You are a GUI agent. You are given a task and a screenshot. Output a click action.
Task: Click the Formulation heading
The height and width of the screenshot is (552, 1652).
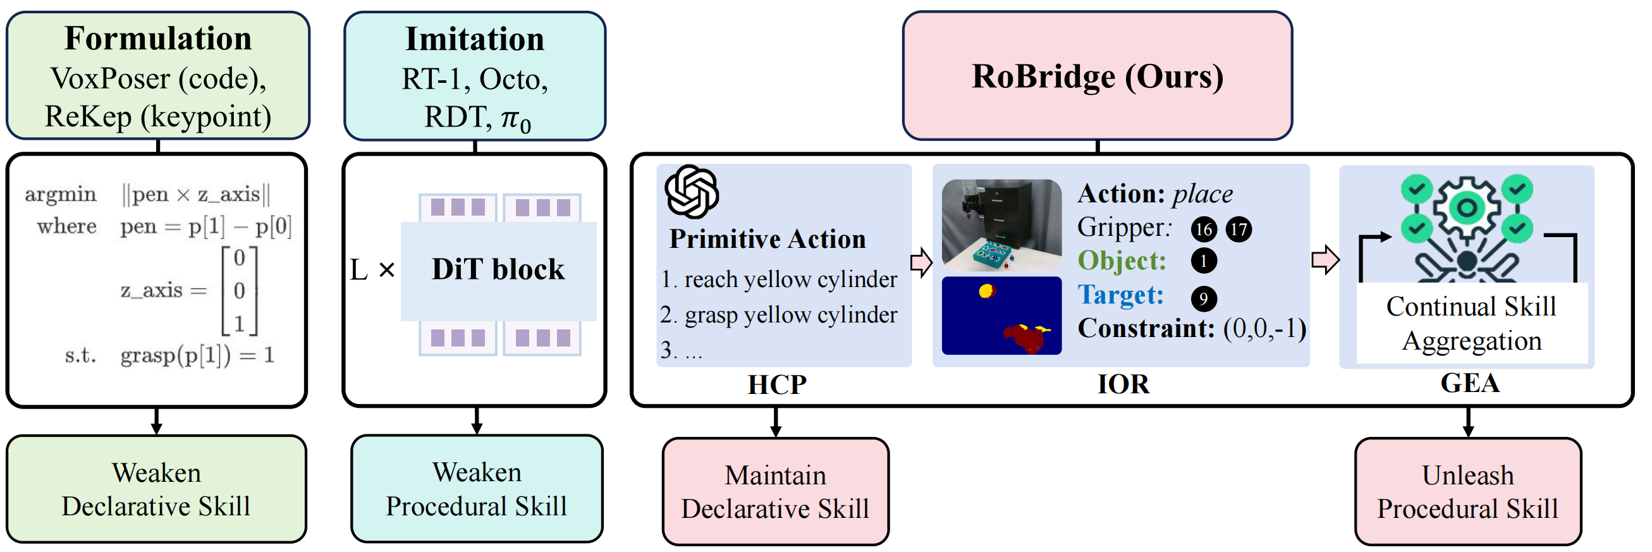coord(158,39)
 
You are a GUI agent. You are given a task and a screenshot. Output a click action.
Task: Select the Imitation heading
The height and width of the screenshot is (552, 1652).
coord(475,39)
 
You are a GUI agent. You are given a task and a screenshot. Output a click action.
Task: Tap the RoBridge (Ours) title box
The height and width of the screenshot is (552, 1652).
coord(1097,76)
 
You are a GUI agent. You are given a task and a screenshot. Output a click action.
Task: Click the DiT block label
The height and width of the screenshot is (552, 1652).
coord(498,269)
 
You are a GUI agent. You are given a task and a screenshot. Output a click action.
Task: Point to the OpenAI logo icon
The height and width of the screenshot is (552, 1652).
coord(690,192)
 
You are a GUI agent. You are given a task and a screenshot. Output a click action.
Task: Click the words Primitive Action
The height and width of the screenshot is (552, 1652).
coord(767,239)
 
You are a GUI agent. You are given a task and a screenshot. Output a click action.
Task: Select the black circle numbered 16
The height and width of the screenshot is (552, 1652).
coord(1204,229)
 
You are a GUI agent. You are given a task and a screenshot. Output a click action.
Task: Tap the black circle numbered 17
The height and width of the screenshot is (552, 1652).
coord(1239,229)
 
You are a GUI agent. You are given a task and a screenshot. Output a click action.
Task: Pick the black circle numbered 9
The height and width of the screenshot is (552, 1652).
coord(1204,298)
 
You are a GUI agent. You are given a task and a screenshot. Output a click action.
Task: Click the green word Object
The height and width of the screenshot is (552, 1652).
coord(1121,261)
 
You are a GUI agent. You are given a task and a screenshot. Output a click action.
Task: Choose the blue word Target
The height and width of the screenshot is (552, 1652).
coord(1120,295)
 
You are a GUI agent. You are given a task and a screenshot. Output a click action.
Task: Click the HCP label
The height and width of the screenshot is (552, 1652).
coord(776,384)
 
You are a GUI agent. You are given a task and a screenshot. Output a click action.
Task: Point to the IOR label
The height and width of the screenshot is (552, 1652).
coord(1123,384)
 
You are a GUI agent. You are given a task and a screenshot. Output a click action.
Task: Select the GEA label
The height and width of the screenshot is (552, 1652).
coord(1470,383)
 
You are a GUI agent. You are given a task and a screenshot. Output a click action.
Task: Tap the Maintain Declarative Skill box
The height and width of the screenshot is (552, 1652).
coord(775,492)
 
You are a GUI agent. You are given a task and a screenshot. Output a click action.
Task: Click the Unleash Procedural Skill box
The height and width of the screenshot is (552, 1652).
coord(1467,492)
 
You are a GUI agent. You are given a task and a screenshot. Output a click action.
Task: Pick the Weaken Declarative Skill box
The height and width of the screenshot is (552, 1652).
coord(157,489)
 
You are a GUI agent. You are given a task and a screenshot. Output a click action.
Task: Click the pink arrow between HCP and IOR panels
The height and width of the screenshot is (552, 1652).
coord(921,262)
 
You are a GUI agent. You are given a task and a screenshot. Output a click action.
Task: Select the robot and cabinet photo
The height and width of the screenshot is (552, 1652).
coord(1001,225)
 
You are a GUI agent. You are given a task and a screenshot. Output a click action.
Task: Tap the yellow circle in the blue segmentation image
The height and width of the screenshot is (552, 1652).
coord(986,291)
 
